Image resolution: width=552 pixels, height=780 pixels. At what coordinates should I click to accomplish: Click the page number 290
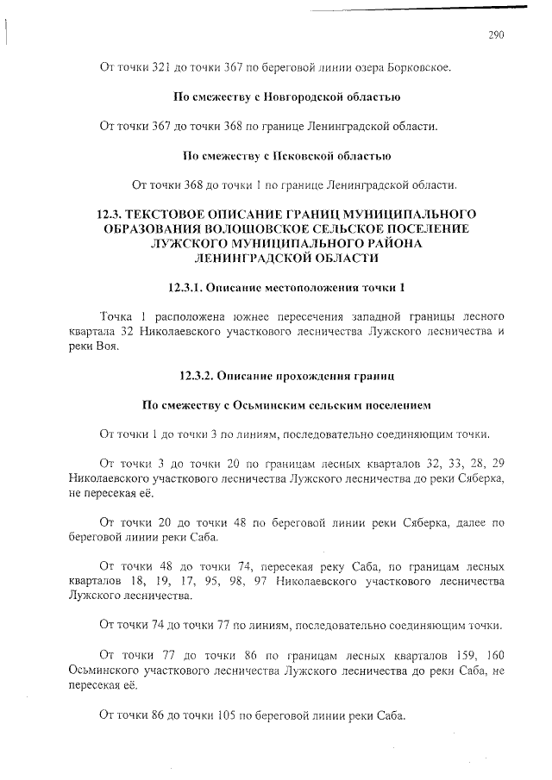(495, 35)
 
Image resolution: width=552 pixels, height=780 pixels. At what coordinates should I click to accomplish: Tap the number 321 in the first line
(154, 66)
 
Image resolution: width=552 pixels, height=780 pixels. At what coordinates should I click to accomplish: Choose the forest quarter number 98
(226, 582)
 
